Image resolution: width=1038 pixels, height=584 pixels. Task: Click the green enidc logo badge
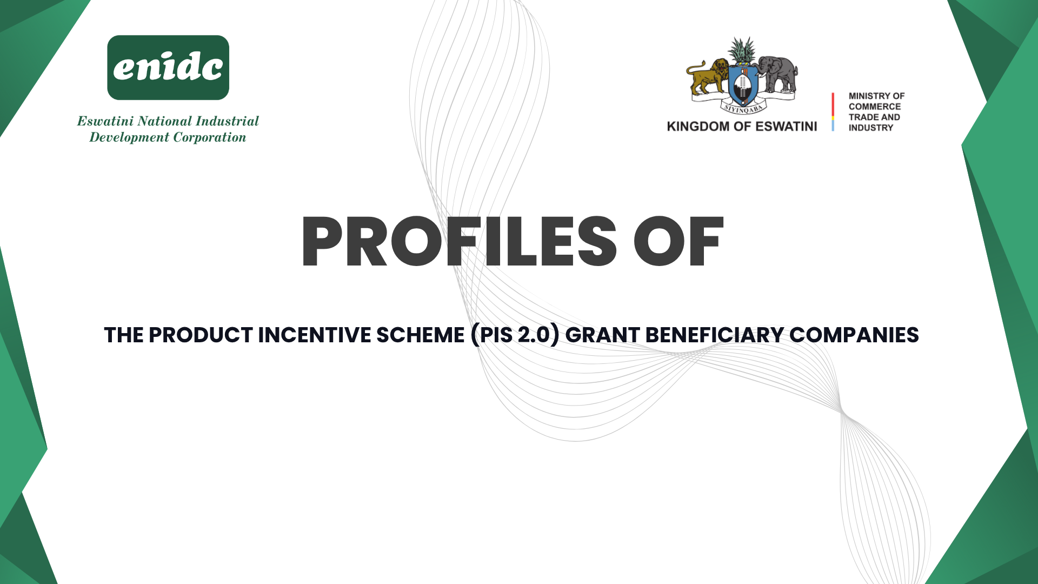coord(168,68)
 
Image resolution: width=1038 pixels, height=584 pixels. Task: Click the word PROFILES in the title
coord(459,241)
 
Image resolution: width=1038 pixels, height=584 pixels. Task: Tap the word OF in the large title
coord(678,241)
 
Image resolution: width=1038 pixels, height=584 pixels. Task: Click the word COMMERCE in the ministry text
coord(875,107)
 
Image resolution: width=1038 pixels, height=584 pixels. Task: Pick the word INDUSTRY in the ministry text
coord(871,128)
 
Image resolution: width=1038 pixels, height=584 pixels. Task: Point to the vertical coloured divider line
coord(833,112)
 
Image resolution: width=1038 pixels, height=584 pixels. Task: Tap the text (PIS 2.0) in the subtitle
coord(515,335)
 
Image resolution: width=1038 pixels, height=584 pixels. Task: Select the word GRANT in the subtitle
coord(603,335)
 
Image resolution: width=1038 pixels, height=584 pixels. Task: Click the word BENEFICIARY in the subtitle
coord(715,335)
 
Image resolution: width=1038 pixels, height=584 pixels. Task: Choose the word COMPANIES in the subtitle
coord(854,335)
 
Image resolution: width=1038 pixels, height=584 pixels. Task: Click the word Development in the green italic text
coord(129,138)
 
